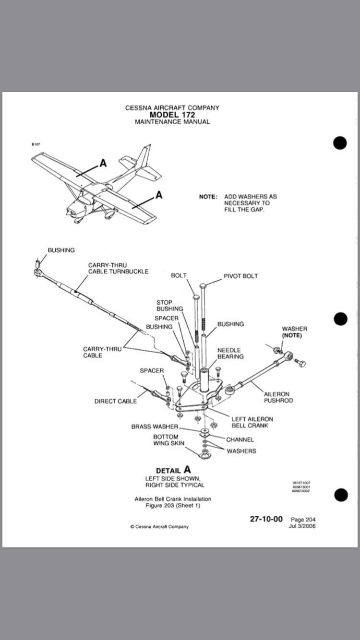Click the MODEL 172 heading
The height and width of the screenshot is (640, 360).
pyautogui.click(x=172, y=115)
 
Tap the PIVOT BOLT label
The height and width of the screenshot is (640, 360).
pyautogui.click(x=240, y=276)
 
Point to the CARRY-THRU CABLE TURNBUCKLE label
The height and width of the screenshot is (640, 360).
pyautogui.click(x=118, y=268)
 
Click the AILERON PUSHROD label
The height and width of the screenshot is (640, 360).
pyautogui.click(x=278, y=397)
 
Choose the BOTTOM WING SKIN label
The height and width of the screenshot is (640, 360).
pyautogui.click(x=166, y=440)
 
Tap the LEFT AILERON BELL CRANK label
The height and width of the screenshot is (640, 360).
pyautogui.click(x=252, y=422)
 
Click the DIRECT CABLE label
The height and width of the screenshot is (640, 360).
pyautogui.click(x=115, y=401)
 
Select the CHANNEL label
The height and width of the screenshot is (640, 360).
pyautogui.click(x=240, y=439)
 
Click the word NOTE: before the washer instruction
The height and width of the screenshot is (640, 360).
pyautogui.click(x=208, y=197)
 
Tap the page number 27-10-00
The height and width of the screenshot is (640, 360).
pyautogui.click(x=266, y=519)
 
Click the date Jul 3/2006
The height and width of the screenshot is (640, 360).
pyautogui.click(x=302, y=526)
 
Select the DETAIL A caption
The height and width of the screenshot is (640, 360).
pyautogui.click(x=173, y=470)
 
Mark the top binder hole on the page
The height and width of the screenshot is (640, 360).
pyautogui.click(x=339, y=143)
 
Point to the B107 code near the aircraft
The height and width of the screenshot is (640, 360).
pyautogui.click(x=36, y=144)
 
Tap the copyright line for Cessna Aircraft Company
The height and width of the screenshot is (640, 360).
pyautogui.click(x=159, y=526)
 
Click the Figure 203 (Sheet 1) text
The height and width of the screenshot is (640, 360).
pyautogui.click(x=173, y=505)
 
